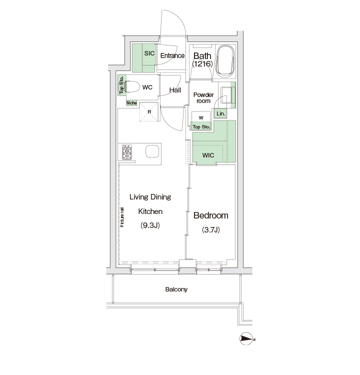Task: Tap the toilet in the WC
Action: (132, 86)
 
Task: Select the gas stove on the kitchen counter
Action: (127, 152)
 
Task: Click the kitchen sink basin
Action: (152, 151)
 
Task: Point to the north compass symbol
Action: (246, 339)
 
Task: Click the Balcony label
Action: (176, 289)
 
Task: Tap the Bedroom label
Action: (210, 215)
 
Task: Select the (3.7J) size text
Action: (210, 230)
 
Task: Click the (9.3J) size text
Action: (150, 225)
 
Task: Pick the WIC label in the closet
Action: (208, 155)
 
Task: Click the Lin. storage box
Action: (220, 113)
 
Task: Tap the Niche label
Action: (131, 103)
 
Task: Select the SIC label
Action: (149, 53)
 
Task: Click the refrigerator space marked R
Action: (149, 111)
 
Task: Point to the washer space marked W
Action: (201, 117)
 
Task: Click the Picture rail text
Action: (122, 217)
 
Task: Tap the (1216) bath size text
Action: (202, 64)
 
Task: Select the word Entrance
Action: (172, 55)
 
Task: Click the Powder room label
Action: (203, 98)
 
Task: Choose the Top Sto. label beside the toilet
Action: (121, 85)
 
